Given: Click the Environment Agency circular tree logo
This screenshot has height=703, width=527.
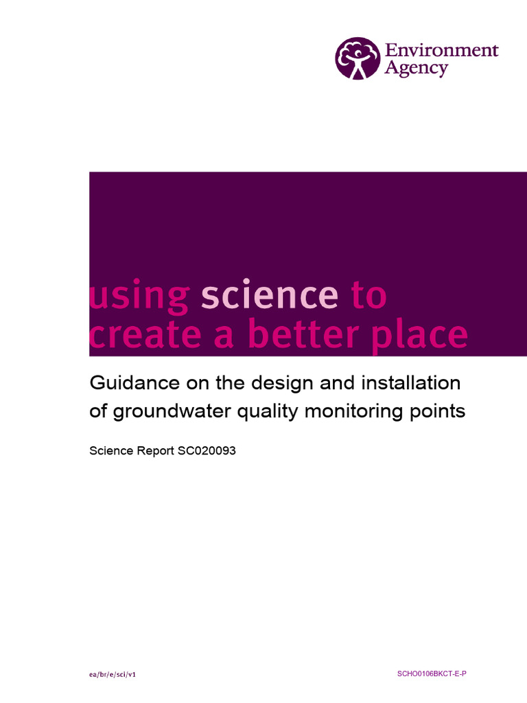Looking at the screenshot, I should pos(357,58).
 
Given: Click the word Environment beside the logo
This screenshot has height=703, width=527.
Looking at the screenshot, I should pos(441,50).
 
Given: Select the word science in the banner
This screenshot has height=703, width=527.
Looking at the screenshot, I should pos(270,297).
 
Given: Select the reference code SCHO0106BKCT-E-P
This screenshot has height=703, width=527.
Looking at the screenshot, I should pos(432,674).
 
